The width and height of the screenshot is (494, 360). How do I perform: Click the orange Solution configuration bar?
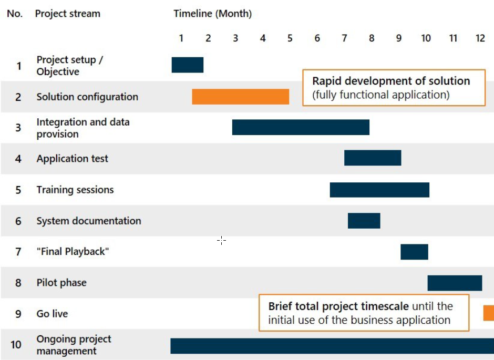tap(240, 97)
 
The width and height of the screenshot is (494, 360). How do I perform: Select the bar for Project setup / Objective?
tap(187, 65)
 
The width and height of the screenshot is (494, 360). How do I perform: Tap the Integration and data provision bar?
tap(301, 127)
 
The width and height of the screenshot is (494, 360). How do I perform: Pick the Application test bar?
tap(373, 158)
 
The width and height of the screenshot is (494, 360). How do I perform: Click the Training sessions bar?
tap(379, 190)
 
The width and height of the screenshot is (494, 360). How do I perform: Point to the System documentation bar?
tap(364, 221)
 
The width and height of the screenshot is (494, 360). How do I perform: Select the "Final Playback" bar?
tap(414, 252)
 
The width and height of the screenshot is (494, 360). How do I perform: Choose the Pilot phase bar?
tap(455, 283)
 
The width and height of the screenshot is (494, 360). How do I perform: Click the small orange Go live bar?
tap(489, 313)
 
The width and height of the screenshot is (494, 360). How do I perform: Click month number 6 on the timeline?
tap(317, 38)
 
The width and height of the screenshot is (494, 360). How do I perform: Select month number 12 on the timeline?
tap(480, 38)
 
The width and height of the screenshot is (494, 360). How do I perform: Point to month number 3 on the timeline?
tap(235, 38)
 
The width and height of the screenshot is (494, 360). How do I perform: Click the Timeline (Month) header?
tap(212, 14)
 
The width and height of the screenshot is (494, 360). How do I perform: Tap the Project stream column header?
tap(67, 14)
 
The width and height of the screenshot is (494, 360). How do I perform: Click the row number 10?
tap(16, 345)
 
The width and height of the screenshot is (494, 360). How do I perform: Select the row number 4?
tap(18, 159)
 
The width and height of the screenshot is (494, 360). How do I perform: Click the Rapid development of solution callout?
tap(394, 88)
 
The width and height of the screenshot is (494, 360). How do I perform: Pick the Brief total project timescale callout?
tap(364, 313)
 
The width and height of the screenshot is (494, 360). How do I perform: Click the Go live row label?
tap(52, 314)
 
